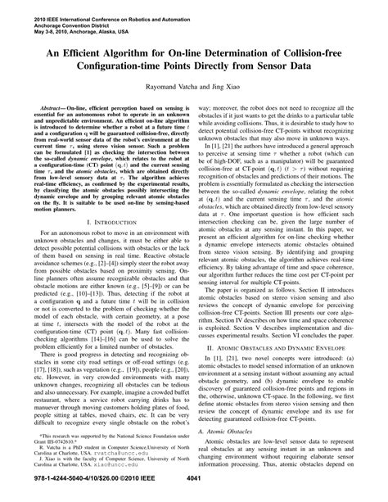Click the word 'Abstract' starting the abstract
(x=52, y=109)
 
